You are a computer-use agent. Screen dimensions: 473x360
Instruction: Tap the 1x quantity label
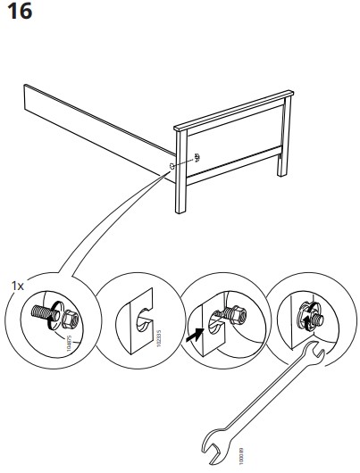pos(17,286)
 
